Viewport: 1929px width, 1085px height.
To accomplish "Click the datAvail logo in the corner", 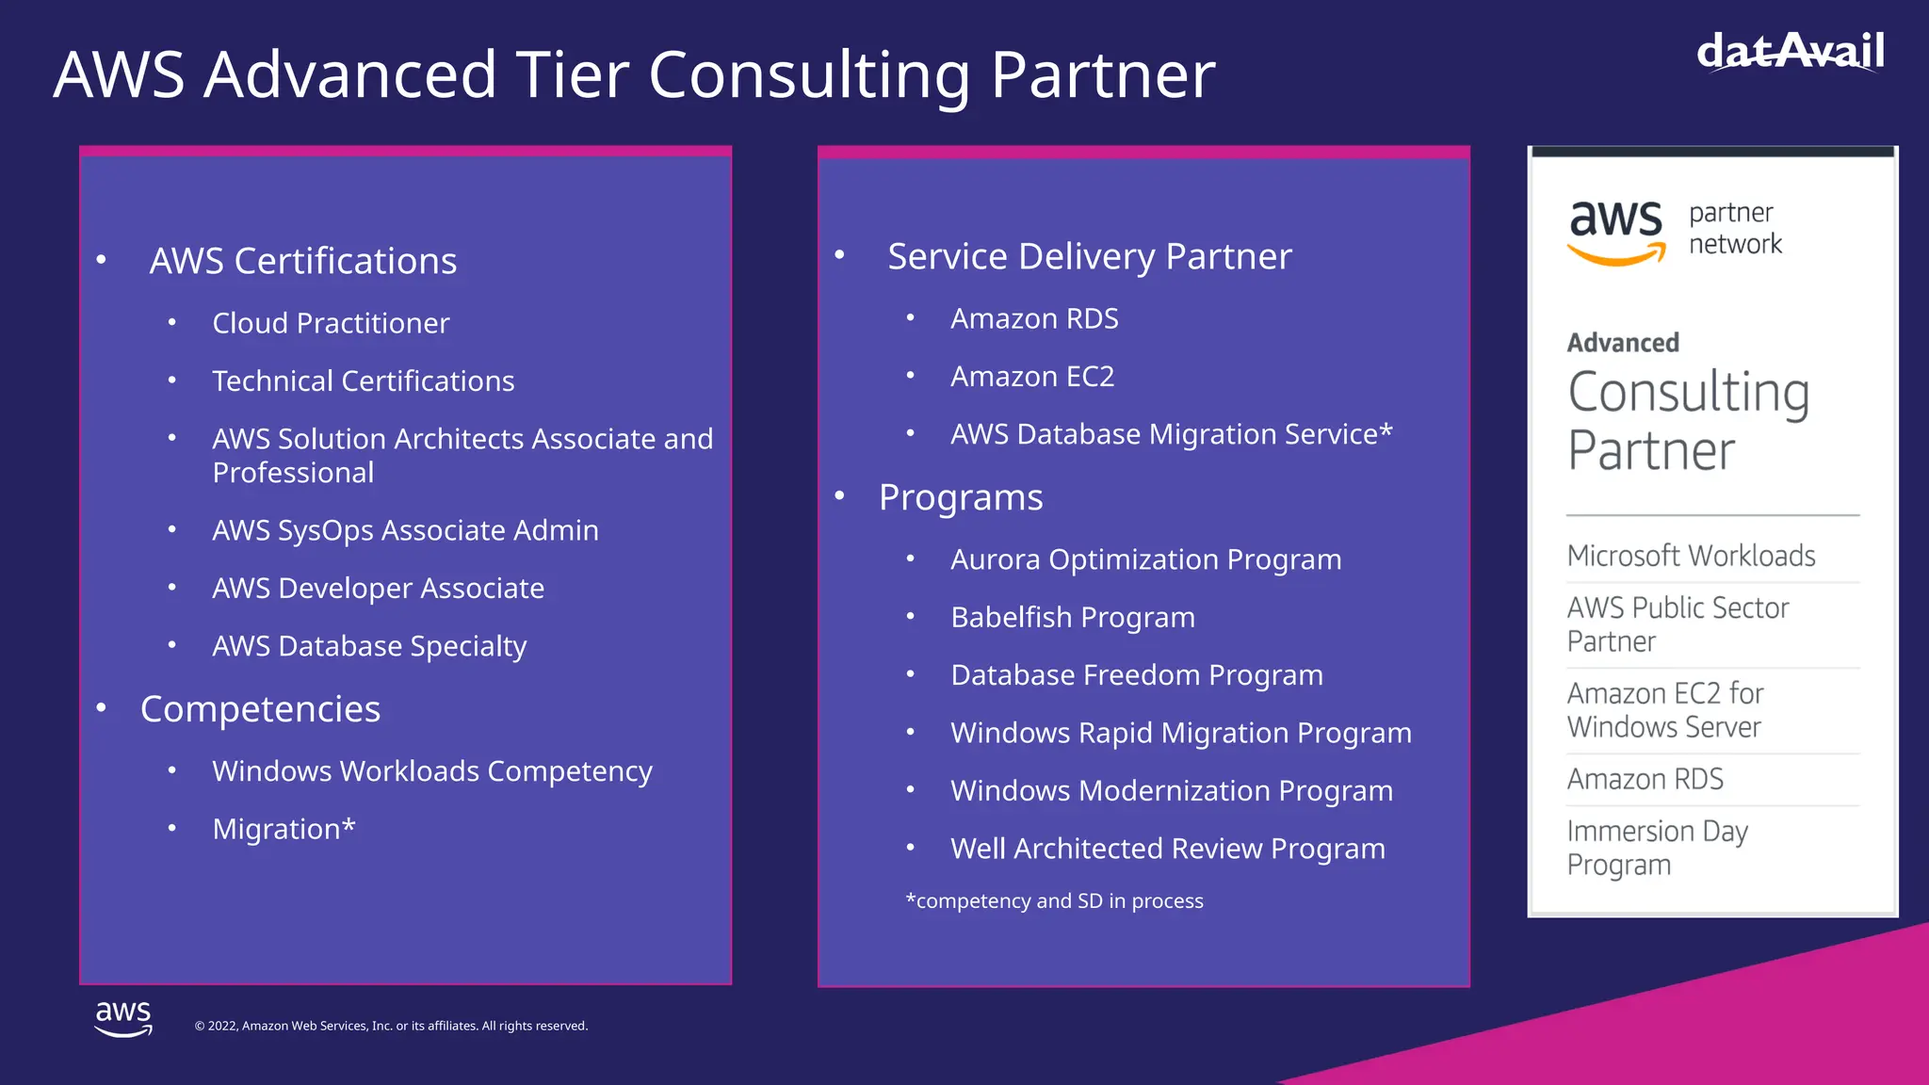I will (x=1790, y=51).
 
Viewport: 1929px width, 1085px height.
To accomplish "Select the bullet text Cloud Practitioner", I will (x=331, y=323).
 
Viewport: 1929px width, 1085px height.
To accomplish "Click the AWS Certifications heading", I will (x=302, y=261).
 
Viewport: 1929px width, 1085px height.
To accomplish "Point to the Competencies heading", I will (x=260, y=709).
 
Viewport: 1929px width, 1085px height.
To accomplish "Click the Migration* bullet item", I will (x=284, y=829).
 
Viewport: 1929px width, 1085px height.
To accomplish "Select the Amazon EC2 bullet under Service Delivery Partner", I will (x=1032, y=377).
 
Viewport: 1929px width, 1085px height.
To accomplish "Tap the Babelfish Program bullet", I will (x=1073, y=618).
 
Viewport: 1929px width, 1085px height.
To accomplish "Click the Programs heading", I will (x=961, y=497).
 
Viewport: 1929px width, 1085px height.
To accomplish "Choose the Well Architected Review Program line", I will (x=1168, y=849).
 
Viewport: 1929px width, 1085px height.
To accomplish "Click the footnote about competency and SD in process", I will (x=1054, y=901).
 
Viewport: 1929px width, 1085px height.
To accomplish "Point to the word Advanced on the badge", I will (x=1623, y=343).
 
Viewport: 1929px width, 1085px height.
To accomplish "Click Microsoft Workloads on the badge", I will (x=1691, y=556).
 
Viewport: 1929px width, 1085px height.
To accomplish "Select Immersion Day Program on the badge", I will (x=1657, y=848).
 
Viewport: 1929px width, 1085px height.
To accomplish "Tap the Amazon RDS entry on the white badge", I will (x=1645, y=779).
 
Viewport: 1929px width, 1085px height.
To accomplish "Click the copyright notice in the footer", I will (x=391, y=1026).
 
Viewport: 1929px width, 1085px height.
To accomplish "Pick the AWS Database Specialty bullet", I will (x=369, y=646).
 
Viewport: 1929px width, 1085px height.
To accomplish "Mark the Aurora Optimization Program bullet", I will (x=1145, y=559).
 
